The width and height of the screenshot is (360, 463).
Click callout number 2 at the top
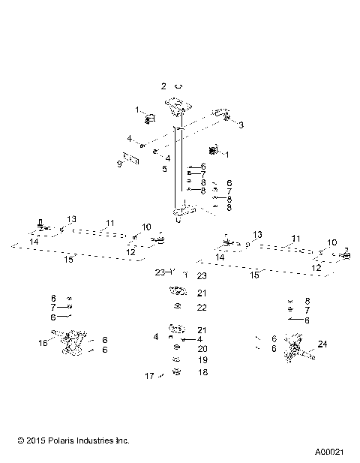pyautogui.click(x=163, y=86)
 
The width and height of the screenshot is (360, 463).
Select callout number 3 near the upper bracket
pyautogui.click(x=241, y=125)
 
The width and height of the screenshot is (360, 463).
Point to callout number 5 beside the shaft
pyautogui.click(x=163, y=169)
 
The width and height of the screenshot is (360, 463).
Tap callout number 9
pyautogui.click(x=119, y=163)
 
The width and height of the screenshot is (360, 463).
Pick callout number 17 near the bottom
pyautogui.click(x=149, y=375)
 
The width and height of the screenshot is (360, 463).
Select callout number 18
pyautogui.click(x=202, y=371)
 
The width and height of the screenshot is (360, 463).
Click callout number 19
pyautogui.click(x=202, y=360)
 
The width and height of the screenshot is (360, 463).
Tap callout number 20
pyautogui.click(x=202, y=349)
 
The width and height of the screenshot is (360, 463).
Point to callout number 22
pyautogui.click(x=202, y=308)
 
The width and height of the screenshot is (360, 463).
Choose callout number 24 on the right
pyautogui.click(x=323, y=345)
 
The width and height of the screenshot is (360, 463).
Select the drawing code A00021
pyautogui.click(x=331, y=452)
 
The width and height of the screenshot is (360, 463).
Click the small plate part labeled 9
pyautogui.click(x=132, y=160)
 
